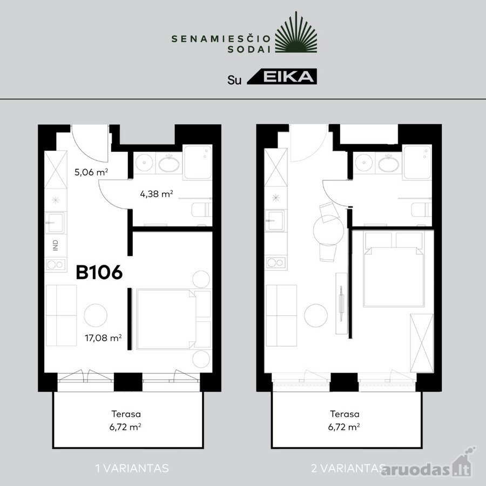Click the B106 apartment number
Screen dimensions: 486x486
(x=99, y=273)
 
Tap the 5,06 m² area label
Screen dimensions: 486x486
(x=91, y=172)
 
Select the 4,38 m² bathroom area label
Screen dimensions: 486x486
(x=157, y=194)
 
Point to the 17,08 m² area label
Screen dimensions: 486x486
(x=103, y=337)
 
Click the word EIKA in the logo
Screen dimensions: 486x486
(x=288, y=76)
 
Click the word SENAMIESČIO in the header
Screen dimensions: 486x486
(x=221, y=39)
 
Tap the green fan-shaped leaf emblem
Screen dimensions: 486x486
(x=296, y=32)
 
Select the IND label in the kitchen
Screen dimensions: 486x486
(x=56, y=245)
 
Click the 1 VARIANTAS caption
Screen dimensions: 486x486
(x=132, y=468)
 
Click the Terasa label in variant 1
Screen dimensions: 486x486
(x=126, y=414)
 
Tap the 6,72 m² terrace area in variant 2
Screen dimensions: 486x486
(x=344, y=427)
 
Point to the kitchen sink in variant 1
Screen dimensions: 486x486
(x=56, y=222)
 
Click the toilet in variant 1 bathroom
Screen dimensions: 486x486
(x=202, y=210)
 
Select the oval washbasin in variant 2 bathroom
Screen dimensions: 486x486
(x=389, y=164)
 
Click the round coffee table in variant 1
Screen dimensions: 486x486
(x=96, y=315)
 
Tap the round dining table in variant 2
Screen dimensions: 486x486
(x=328, y=230)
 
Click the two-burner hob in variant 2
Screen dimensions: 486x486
(x=275, y=262)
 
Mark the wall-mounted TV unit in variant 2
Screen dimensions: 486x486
(x=342, y=303)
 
